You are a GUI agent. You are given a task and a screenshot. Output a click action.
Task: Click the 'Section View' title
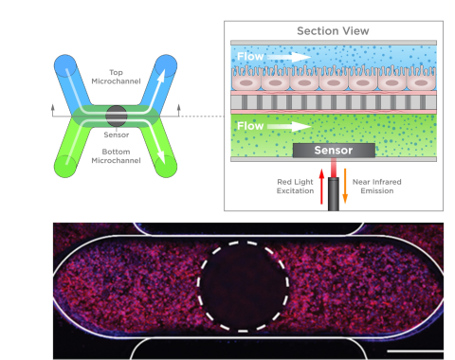point(333,31)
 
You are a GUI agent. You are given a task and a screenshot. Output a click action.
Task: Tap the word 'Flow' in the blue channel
point(250,57)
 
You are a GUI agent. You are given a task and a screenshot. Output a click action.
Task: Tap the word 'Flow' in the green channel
point(250,126)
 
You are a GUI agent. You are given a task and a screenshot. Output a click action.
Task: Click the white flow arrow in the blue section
point(289,57)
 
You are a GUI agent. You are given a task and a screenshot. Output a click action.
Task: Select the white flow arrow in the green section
point(289,126)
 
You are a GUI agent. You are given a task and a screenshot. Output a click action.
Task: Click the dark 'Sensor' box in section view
point(334,151)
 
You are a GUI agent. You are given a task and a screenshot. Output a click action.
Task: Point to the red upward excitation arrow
point(321,187)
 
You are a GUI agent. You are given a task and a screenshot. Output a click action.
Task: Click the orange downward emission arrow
point(345,186)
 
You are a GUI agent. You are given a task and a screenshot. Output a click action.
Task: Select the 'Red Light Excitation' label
point(295,187)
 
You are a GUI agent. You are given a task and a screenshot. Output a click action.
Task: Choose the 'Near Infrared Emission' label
point(377,187)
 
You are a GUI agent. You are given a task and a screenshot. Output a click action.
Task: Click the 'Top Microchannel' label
point(116,77)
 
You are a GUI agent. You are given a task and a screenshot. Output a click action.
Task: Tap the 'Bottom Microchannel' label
point(116,156)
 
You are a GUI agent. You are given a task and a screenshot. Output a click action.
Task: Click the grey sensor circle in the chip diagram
point(117,116)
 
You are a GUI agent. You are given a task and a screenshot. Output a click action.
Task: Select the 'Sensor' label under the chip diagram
point(117,135)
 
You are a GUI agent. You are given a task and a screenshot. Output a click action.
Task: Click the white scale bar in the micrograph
point(415,351)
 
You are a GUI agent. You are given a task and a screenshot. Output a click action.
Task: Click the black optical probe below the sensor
point(334,194)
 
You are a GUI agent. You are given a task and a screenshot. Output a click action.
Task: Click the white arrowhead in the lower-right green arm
point(161,157)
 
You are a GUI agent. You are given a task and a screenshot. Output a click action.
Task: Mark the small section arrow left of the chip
point(53,111)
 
